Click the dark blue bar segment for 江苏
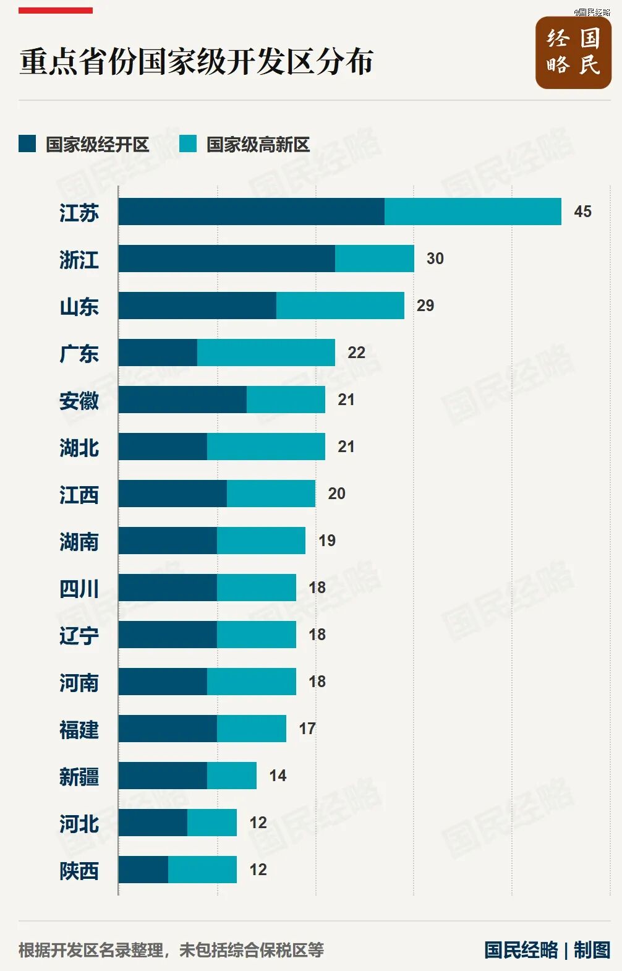point(252,212)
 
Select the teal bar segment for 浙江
point(375,259)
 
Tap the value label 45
point(582,212)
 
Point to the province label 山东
point(79,307)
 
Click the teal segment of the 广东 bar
point(266,353)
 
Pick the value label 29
point(425,306)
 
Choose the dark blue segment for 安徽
point(182,400)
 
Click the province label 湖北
point(79,447)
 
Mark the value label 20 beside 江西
point(336,494)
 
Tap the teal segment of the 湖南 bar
point(261,540)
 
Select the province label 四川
point(79,589)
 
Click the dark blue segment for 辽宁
point(168,634)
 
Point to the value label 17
point(307,729)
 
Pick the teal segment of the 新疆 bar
point(232,775)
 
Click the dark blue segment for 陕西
point(143,869)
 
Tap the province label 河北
point(79,824)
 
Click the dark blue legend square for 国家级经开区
point(27,144)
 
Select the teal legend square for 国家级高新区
point(188,144)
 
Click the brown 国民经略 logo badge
point(573,53)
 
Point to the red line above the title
point(56,11)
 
